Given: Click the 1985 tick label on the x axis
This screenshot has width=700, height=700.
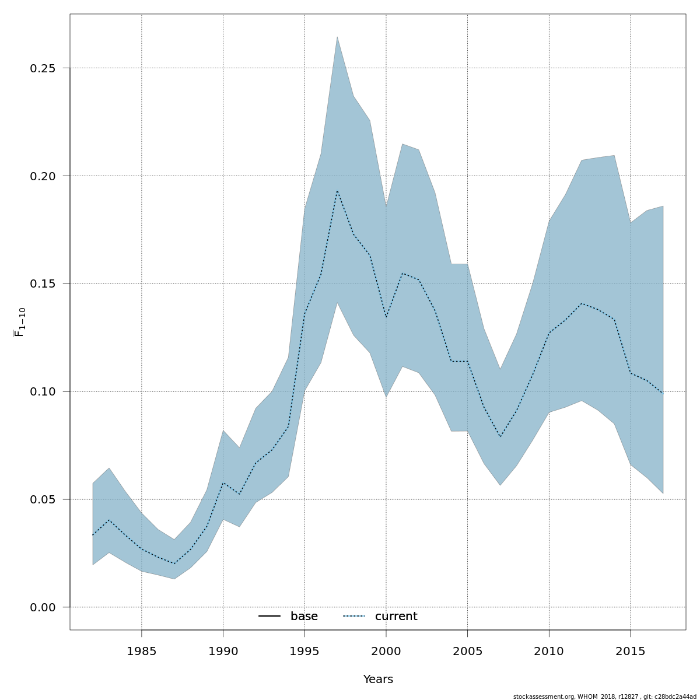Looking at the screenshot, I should (142, 651).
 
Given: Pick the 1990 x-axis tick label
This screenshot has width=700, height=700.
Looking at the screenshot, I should (223, 651).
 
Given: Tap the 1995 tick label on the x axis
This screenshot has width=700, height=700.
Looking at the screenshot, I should (304, 651).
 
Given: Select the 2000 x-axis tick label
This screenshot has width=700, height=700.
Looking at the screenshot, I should (386, 651).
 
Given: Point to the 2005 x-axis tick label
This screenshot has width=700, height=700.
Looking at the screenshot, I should (467, 651).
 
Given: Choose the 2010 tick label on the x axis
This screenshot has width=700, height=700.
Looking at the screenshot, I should (549, 651).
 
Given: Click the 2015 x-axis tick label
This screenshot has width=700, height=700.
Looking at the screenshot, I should (631, 651).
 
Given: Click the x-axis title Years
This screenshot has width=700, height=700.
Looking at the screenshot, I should (378, 680).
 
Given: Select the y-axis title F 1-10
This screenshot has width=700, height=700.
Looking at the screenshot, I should (20, 322).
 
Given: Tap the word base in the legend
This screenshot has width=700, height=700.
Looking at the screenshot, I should (304, 617).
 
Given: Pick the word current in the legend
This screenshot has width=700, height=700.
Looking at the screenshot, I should (396, 617).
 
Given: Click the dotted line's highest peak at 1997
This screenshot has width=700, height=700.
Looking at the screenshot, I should (337, 191).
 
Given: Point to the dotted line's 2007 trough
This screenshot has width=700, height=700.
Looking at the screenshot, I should (500, 437).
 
